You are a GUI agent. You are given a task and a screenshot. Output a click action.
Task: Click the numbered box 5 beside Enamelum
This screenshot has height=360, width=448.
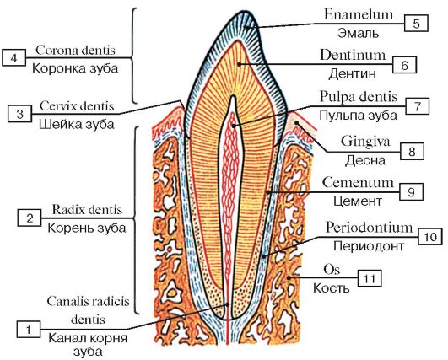416,24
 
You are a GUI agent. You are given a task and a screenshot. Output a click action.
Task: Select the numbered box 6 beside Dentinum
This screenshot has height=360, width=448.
404,66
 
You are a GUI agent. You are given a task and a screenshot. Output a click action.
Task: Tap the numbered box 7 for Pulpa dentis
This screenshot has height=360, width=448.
417,106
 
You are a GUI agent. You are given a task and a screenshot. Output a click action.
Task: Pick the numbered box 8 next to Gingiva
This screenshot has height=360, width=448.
412,151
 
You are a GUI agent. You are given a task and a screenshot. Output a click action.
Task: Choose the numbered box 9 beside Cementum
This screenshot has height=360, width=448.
411,192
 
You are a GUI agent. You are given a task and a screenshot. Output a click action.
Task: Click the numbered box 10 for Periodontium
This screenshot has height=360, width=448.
430,236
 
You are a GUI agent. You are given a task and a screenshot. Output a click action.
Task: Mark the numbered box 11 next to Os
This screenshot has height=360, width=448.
370,278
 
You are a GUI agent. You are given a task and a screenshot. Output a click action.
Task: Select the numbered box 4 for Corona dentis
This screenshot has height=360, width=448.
13,58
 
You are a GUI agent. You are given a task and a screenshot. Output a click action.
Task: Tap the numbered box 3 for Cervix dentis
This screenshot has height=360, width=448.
19,114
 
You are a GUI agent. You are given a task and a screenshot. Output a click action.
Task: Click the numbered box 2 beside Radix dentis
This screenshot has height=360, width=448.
30,218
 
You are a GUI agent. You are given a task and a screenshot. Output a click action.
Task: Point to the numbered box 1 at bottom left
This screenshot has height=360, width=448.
29,330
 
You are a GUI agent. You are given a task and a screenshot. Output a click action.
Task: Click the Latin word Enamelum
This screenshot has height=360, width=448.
359,15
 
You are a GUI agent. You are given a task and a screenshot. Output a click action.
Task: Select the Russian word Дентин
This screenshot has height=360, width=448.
352,74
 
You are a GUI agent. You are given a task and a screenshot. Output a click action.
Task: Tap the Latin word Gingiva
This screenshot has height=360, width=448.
365,142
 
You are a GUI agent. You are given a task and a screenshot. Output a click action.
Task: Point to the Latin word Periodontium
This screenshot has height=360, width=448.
370,228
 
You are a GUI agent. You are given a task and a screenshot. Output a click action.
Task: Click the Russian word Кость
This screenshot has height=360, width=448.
331,287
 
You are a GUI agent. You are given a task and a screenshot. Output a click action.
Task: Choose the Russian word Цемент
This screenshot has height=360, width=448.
358,201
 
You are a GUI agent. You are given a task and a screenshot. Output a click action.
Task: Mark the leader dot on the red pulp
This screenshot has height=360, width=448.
234,126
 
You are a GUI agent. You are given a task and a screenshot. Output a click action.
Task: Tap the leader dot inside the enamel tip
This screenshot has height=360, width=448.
246,28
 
